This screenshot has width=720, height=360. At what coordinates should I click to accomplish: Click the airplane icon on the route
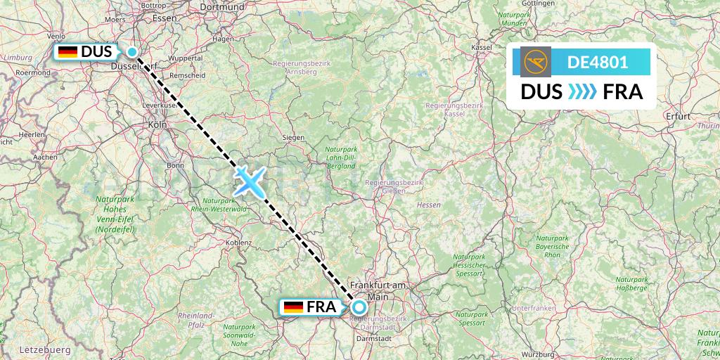pos(249,181)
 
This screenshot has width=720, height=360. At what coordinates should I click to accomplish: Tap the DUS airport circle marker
pos(132,51)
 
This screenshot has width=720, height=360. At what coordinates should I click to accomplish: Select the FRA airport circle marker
pos(359,307)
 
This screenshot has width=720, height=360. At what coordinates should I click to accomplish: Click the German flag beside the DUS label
pos(67,52)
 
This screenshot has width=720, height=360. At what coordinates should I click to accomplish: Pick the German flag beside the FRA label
pos(292,307)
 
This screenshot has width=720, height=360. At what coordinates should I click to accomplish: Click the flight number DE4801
pos(597,62)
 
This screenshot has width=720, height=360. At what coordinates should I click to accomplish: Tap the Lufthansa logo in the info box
pos(537,62)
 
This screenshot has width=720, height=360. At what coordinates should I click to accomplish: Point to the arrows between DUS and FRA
pos(582,92)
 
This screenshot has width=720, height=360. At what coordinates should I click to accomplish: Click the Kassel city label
pos(482,47)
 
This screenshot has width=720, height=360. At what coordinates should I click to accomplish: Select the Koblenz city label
pos(240,243)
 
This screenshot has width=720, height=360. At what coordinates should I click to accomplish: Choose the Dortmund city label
pos(221,7)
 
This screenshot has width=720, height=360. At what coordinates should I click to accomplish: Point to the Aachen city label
pos(45,157)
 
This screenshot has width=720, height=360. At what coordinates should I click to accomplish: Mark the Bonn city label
pos(176,165)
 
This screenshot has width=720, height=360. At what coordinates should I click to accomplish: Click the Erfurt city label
pos(681,115)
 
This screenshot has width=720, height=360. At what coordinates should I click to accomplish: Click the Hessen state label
pos(428,205)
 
